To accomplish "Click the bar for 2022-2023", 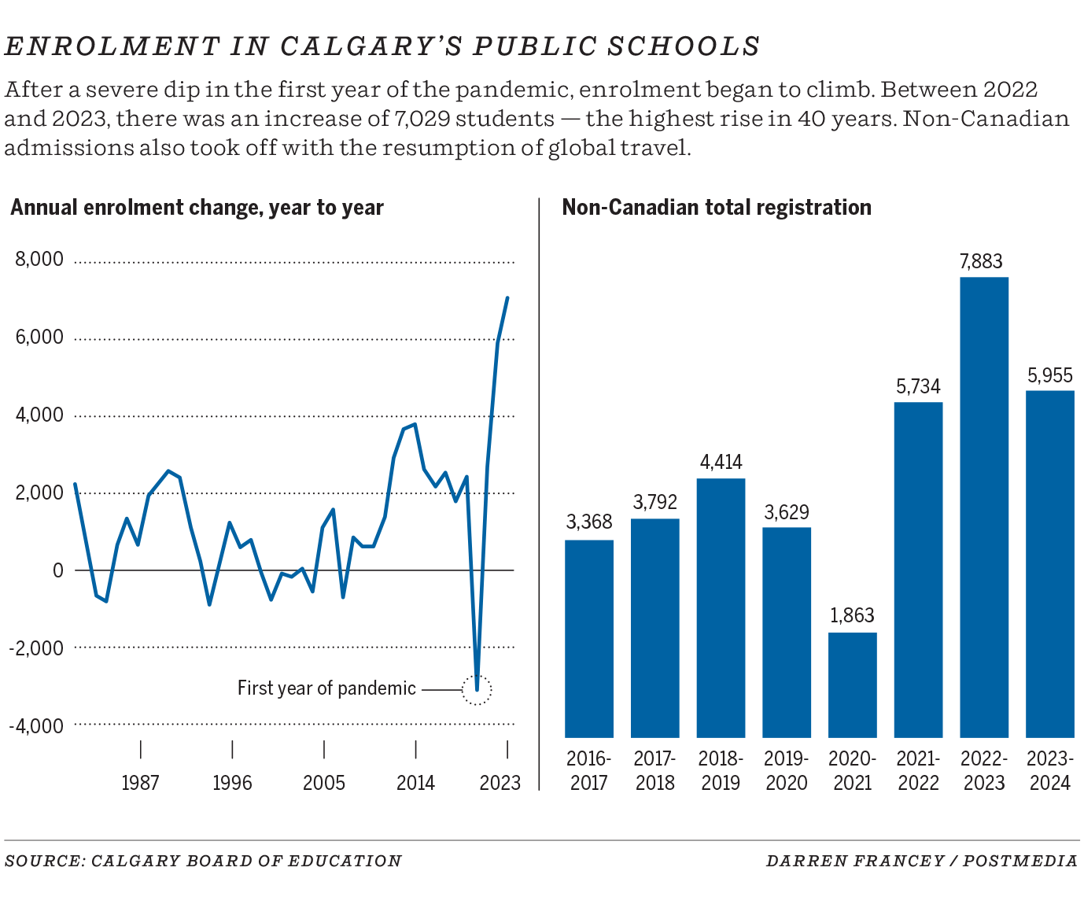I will tap(983, 507).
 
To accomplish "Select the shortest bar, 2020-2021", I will tap(852, 684).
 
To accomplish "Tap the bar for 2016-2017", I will tap(589, 638).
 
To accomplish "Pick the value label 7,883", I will tap(981, 261).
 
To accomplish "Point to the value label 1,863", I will tap(852, 615).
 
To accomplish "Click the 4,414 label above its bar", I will tap(721, 462).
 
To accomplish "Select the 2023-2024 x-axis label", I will tap(1049, 771).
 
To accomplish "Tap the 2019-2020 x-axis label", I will tap(786, 771).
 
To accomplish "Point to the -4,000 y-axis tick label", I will tap(36, 725).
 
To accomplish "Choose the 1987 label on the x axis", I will tap(140, 783).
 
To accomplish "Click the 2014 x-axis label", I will tap(415, 783).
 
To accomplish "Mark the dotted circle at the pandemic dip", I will tap(477, 690).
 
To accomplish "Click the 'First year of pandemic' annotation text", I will tap(326, 688).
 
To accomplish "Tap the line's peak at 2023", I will tap(507, 298).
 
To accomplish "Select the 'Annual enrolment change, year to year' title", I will tap(197, 208).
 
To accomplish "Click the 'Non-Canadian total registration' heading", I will tap(717, 208).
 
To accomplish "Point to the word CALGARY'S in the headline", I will tap(371, 46).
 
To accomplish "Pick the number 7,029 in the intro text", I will tap(420, 119).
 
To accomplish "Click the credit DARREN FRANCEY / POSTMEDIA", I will tap(921, 861).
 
